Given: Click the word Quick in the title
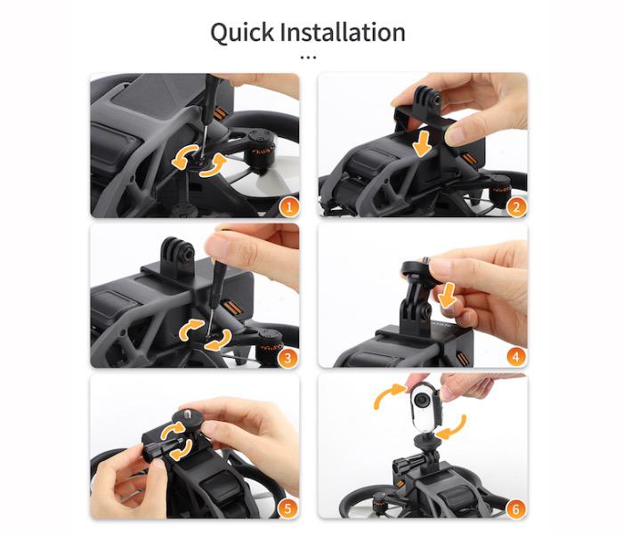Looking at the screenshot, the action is [x=242, y=33].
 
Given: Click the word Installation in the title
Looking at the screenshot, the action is [x=343, y=32].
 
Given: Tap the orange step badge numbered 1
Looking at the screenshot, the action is [x=289, y=207].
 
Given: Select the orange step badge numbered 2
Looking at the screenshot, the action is [x=516, y=207].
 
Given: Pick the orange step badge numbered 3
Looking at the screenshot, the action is [x=289, y=358].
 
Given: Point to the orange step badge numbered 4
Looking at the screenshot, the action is [x=516, y=357].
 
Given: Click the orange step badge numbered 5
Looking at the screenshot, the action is [x=287, y=509].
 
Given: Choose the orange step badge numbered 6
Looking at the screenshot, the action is [x=515, y=509].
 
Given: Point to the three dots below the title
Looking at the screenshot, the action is [x=308, y=58].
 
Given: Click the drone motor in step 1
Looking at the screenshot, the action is [x=260, y=153].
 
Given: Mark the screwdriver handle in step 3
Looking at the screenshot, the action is [x=219, y=274].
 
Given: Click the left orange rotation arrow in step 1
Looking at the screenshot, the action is [x=183, y=157].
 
